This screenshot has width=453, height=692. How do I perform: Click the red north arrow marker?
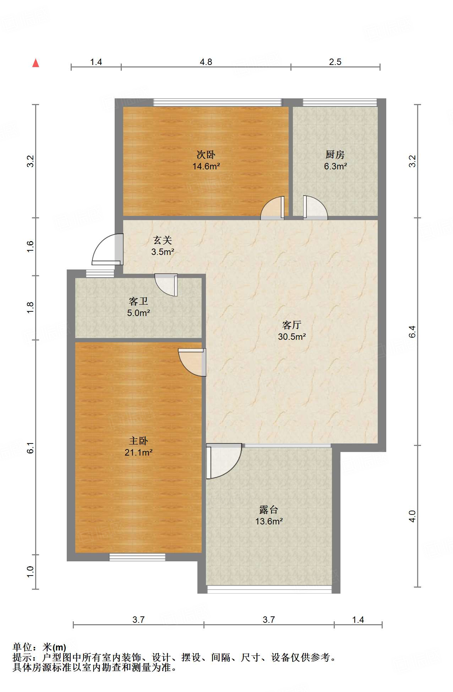[36, 63]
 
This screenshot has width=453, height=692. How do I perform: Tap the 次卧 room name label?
[206, 154]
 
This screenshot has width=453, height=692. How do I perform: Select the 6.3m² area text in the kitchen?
[335, 166]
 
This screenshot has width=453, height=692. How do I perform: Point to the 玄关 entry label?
[163, 240]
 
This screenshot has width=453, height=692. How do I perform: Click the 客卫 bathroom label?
[138, 301]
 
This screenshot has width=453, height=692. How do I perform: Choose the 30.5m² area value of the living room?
[292, 337]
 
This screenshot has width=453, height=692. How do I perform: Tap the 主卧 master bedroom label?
[138, 441]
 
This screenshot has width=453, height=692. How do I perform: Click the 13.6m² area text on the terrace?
[269, 521]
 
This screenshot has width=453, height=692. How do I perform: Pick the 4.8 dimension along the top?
[206, 62]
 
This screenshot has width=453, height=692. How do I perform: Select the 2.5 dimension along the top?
[335, 62]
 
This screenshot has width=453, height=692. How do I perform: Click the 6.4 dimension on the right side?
[412, 332]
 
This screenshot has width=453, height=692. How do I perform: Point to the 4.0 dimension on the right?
[412, 516]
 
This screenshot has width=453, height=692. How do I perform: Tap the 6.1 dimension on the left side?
[31, 448]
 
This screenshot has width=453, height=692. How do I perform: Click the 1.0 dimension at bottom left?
[31, 572]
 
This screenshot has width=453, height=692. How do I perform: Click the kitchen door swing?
[315, 208]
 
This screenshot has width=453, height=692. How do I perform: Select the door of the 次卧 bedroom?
[273, 208]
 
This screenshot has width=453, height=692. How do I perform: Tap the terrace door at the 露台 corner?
[224, 461]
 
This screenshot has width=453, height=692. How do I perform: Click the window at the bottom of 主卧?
[137, 557]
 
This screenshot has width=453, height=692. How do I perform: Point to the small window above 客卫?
[100, 274]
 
